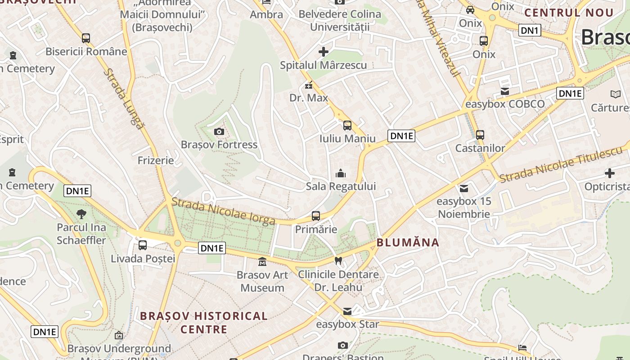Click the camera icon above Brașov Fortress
[x=219, y=131]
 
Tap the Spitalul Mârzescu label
[x=323, y=65]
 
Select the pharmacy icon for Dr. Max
[x=309, y=85]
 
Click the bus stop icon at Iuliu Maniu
[x=347, y=126]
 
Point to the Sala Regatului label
[x=341, y=186]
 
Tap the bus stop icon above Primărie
[x=316, y=216]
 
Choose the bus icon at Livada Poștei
[x=143, y=245]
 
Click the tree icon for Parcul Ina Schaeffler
[x=81, y=214]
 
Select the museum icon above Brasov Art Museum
[x=262, y=261]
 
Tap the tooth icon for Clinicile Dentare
[x=339, y=261]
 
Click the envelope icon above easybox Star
[x=347, y=311]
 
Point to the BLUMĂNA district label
[x=408, y=243]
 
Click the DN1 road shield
[x=530, y=30]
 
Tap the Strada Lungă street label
[x=124, y=99]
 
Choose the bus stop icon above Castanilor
[x=480, y=135]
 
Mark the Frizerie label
[x=156, y=160]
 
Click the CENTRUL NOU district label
[x=569, y=13]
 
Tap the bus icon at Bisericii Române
[x=86, y=38]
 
